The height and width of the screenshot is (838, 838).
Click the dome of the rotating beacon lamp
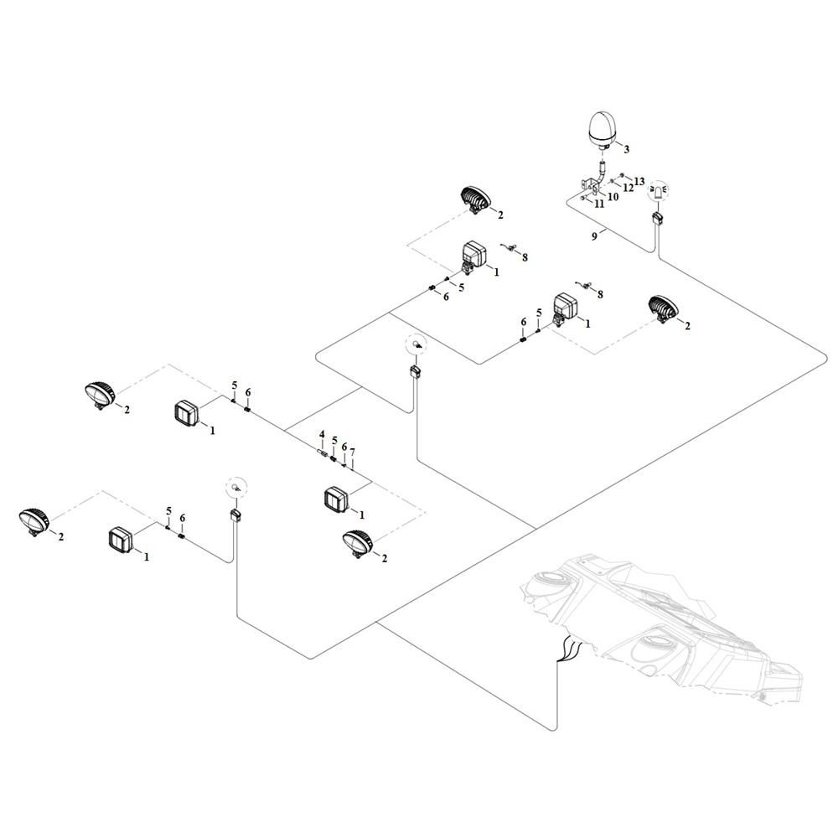click(603, 126)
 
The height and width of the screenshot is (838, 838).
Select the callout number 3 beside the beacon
click(625, 149)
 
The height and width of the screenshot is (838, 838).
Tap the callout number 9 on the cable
click(594, 237)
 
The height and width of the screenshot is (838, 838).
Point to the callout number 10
click(613, 197)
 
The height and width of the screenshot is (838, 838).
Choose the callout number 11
click(599, 204)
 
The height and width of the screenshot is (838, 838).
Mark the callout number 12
click(627, 189)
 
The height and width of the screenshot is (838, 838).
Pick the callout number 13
click(639, 181)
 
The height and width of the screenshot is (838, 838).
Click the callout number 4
click(321, 434)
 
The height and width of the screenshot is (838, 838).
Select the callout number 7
click(353, 453)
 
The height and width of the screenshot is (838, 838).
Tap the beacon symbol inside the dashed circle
click(658, 189)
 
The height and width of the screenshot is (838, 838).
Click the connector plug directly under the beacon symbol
click(658, 220)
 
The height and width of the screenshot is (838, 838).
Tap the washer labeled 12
click(613, 182)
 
